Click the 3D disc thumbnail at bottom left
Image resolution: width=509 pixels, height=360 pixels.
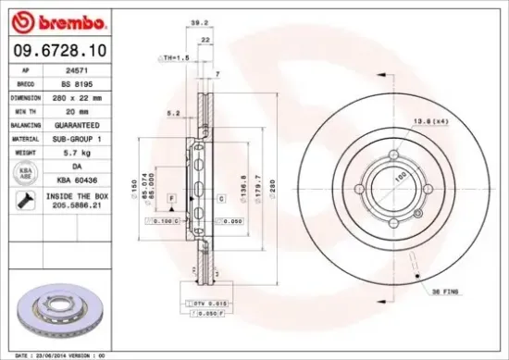(x=60, y=314)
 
